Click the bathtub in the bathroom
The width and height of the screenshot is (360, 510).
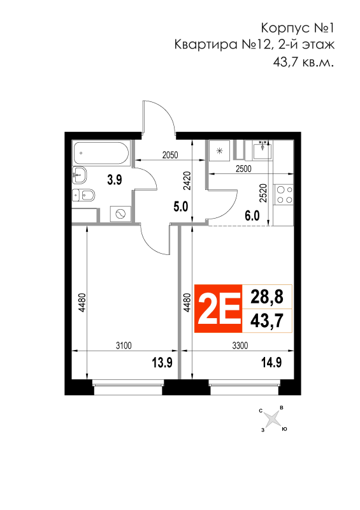(x=101, y=153)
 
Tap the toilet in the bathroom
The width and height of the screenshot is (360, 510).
(x=83, y=196)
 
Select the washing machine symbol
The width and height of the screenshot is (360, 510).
(x=120, y=214)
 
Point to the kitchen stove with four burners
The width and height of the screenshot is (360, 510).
(x=284, y=194)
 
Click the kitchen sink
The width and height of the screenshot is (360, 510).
(x=262, y=150)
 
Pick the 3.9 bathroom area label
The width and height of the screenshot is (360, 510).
(x=115, y=180)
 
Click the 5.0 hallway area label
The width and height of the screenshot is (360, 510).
(x=180, y=206)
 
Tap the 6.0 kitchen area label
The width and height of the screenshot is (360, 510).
(x=252, y=215)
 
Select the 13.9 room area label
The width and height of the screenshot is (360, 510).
(x=162, y=362)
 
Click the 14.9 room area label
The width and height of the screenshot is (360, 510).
(x=271, y=362)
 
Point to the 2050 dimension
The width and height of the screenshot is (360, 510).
(x=170, y=155)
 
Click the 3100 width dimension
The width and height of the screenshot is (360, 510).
(x=124, y=346)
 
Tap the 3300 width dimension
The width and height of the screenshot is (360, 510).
(x=240, y=346)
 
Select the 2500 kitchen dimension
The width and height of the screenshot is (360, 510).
(x=243, y=169)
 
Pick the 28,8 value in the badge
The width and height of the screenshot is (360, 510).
(x=267, y=297)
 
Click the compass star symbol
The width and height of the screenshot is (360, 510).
(x=272, y=419)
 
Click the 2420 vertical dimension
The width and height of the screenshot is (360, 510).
(x=187, y=181)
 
